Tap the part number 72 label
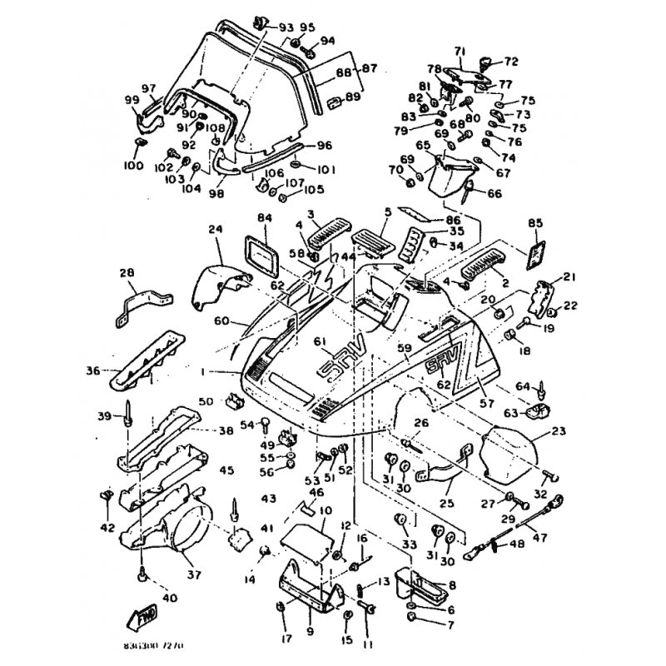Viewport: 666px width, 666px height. coord(511,61)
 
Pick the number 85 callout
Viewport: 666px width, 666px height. coord(535,223)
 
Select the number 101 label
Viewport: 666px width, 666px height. coord(326,169)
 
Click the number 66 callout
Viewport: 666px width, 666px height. coord(495,194)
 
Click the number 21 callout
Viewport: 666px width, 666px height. coord(569,276)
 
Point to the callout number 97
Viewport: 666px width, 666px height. coord(149,89)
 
